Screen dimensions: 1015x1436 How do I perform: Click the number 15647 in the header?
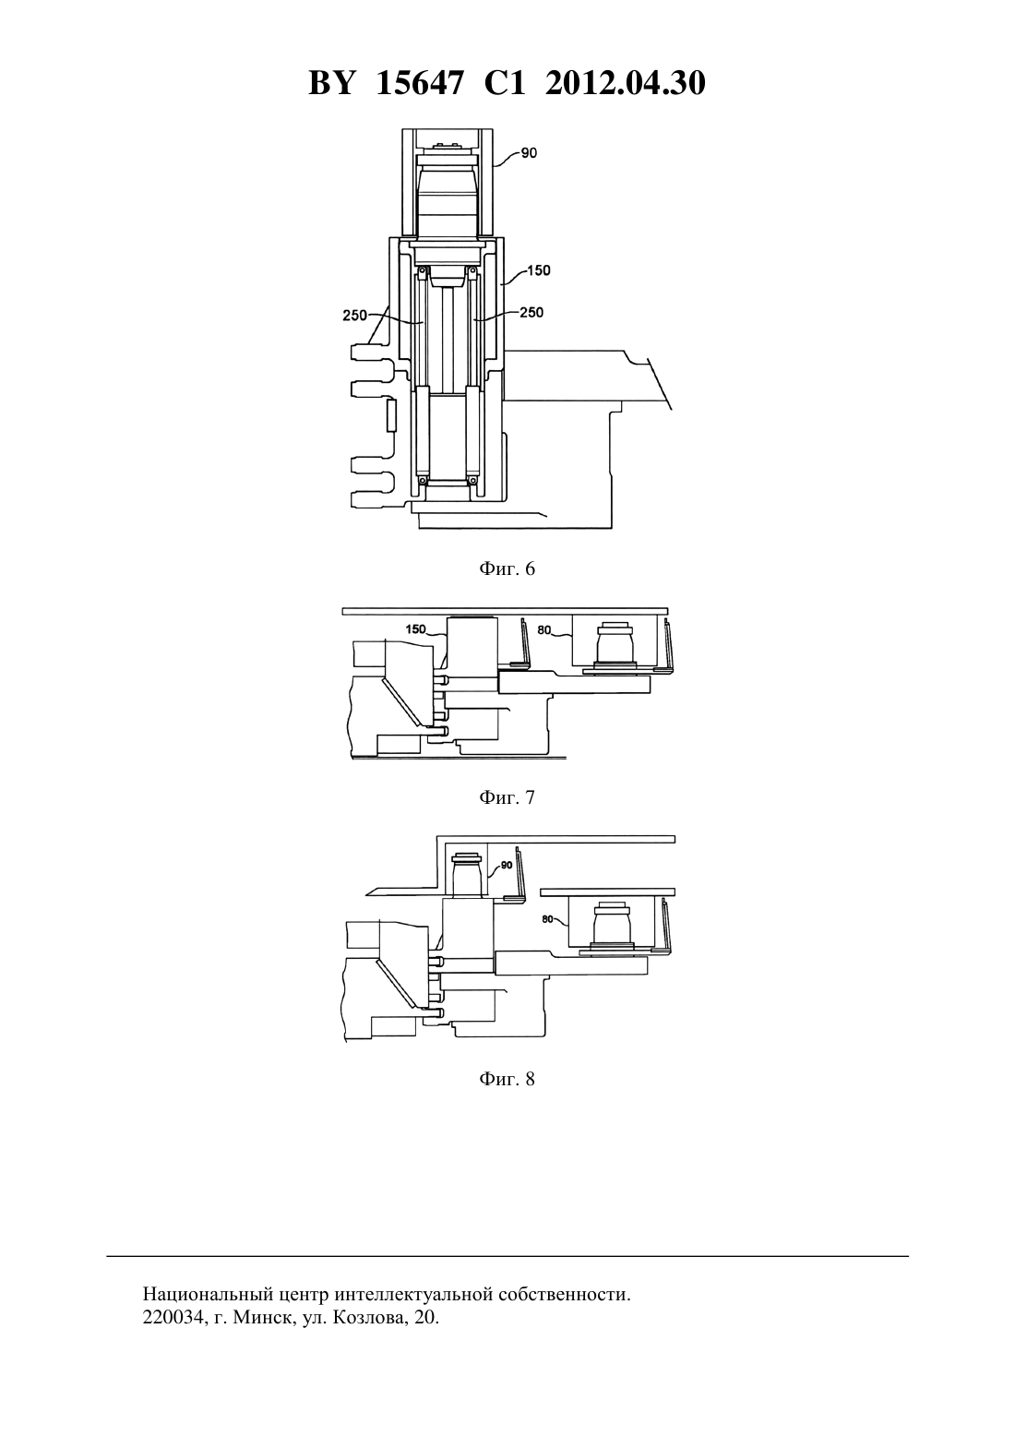point(419,83)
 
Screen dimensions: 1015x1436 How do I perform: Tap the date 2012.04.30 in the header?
point(626,83)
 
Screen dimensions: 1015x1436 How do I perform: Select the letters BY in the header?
point(331,83)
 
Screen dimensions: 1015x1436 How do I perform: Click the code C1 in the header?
point(505,83)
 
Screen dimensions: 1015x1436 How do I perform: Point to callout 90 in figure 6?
point(529,153)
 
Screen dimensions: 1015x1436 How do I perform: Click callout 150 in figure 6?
point(539,270)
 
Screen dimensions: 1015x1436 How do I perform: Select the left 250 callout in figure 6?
point(354,316)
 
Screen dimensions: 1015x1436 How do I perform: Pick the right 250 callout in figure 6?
point(531,312)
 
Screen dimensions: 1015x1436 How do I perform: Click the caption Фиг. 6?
point(507,568)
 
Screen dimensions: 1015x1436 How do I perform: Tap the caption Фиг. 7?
point(507,797)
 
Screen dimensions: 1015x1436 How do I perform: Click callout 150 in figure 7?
point(415,628)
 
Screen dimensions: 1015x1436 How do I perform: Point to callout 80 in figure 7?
point(544,630)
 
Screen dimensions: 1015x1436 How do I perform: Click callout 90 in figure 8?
point(507,865)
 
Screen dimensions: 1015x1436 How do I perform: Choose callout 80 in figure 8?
point(548,918)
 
